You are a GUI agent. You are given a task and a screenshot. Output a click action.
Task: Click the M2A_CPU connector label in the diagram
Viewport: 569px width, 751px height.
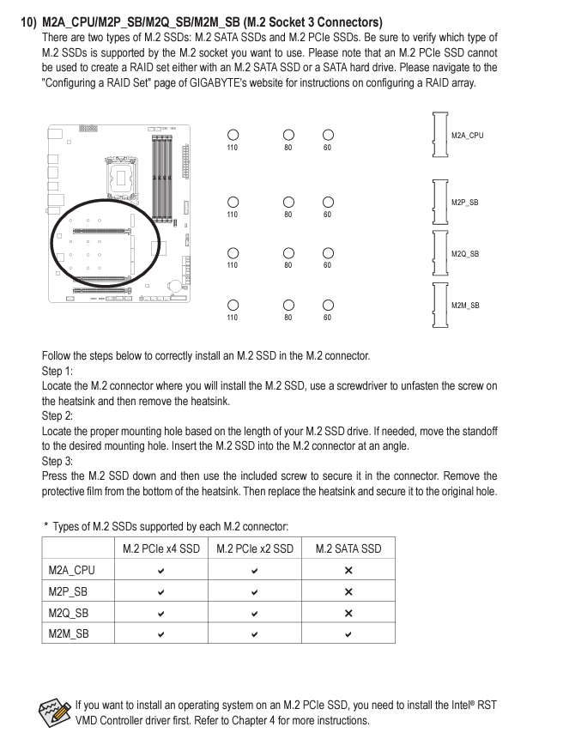coord(467,135)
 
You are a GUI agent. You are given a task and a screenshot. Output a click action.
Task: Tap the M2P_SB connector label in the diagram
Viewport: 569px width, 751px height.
coord(465,203)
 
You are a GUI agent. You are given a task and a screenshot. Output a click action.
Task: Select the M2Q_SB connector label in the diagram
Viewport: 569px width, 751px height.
coord(465,254)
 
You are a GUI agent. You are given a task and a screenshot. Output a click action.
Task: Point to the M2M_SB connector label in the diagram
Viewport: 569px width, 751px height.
coord(465,306)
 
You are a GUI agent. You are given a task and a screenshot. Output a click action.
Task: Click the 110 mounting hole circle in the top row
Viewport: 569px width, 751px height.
coord(233,136)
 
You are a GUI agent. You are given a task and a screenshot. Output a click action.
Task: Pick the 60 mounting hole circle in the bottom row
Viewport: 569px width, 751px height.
coord(328,306)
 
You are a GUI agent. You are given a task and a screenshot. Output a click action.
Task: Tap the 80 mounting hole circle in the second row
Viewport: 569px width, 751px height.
coord(288,203)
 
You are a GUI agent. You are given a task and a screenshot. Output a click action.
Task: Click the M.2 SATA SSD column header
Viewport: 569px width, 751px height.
coord(348,548)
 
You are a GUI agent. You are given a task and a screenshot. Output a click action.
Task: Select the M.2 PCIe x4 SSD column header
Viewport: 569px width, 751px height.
coord(160,548)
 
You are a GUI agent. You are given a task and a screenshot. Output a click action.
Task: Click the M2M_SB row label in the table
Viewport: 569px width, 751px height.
coord(69,633)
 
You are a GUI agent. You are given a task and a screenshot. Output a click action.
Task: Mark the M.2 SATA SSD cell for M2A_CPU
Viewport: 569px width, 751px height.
coord(348,570)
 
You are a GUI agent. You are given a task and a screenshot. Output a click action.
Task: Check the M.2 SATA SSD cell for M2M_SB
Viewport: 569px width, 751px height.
coord(348,633)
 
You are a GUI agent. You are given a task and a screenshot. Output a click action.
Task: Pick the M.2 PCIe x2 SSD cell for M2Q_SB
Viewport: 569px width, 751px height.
coord(255,612)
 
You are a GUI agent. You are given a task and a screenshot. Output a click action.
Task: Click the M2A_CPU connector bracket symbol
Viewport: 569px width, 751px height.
coord(440,135)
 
